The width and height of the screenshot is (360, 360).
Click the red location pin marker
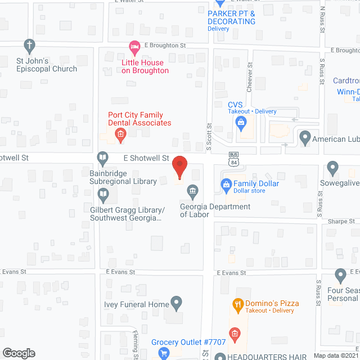click(x=179, y=168)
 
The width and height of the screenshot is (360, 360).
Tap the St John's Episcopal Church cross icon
click(x=29, y=45)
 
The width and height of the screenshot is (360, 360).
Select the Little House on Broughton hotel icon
click(x=134, y=46)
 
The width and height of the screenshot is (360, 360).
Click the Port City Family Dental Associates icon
click(x=120, y=134)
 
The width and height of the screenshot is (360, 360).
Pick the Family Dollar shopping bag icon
click(x=226, y=184)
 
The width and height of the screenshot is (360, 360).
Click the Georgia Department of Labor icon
click(x=193, y=192)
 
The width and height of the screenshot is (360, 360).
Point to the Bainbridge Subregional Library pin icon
click(x=103, y=158)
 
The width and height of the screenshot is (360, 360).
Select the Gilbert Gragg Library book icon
click(x=103, y=195)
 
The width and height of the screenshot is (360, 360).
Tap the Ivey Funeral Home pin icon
click(x=177, y=304)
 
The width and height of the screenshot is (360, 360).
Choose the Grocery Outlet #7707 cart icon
click(x=164, y=353)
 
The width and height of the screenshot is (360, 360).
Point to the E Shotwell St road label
click(x=142, y=159)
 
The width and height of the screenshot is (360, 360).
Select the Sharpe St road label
click(x=342, y=222)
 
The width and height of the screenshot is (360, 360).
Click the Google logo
click(x=19, y=353)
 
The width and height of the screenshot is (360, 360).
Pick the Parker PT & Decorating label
click(x=231, y=17)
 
